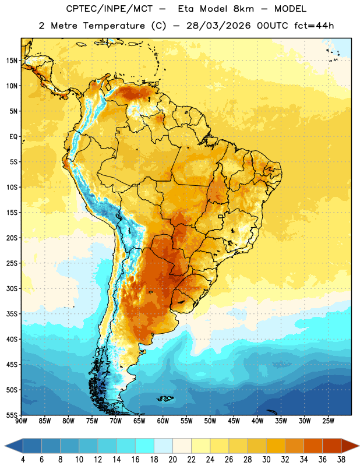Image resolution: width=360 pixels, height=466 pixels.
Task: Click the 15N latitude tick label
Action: tap(12, 61)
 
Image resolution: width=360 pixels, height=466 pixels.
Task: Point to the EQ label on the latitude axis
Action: tap(13, 137)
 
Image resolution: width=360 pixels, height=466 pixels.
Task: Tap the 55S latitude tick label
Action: tap(12, 415)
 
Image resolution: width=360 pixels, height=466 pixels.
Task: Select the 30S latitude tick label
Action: tap(12, 288)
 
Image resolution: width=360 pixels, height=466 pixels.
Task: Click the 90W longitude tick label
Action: tap(21, 421)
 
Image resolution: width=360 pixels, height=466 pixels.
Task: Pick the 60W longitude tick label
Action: tap(163, 421)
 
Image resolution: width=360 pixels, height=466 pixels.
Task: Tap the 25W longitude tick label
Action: tap(328, 421)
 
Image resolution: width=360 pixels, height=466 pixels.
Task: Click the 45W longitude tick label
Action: tap(234, 421)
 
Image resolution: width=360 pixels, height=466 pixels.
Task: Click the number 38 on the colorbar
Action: tap(341, 460)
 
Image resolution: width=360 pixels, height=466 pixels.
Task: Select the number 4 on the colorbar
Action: tap(23, 460)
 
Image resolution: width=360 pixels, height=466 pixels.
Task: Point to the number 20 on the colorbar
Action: tap(172, 460)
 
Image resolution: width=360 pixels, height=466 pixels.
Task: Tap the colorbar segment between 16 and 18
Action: tap(145, 446)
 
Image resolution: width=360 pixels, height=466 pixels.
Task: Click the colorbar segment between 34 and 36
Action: tap(313, 446)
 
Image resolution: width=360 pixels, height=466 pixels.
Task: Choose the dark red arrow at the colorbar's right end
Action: tap(350, 446)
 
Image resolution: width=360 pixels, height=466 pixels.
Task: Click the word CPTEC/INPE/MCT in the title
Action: tap(109, 9)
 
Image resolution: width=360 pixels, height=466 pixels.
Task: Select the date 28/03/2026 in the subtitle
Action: tap(218, 26)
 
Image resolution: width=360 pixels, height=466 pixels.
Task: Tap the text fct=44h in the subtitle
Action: tap(314, 26)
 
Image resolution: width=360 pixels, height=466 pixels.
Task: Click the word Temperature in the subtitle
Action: tap(114, 26)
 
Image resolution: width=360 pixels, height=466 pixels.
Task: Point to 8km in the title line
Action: tap(243, 9)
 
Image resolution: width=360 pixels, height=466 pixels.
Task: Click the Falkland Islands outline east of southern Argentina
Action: tap(165, 398)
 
